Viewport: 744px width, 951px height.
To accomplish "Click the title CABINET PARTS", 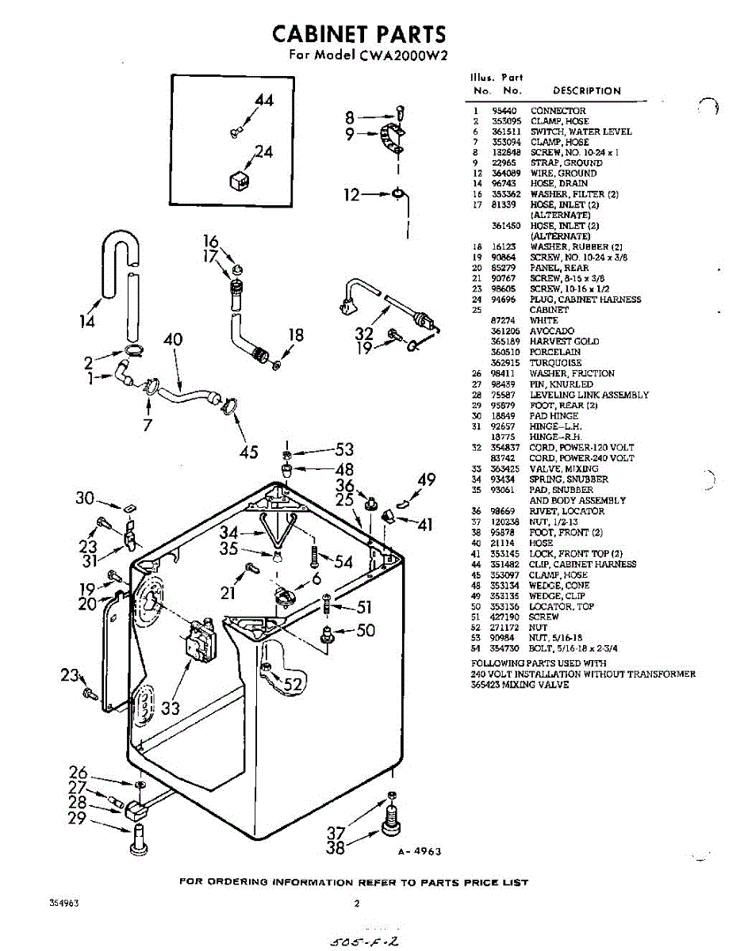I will [x=359, y=34].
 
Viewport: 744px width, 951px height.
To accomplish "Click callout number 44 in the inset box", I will [x=263, y=101].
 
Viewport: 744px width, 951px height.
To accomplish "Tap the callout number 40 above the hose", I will [x=173, y=340].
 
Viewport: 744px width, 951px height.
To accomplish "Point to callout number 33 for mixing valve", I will [x=171, y=707].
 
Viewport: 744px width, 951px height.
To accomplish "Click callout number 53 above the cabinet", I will [x=343, y=450].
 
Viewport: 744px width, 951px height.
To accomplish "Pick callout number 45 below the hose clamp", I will [x=249, y=453].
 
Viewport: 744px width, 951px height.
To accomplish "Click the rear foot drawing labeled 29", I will [x=136, y=840].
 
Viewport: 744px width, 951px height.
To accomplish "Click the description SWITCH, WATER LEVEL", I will [x=581, y=132].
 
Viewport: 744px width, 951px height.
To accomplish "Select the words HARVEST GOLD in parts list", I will [x=564, y=342].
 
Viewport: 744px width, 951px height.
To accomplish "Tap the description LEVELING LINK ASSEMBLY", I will [x=589, y=395].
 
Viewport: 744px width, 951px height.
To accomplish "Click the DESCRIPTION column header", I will [x=586, y=90].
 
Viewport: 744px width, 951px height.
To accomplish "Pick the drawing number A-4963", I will [x=419, y=851].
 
